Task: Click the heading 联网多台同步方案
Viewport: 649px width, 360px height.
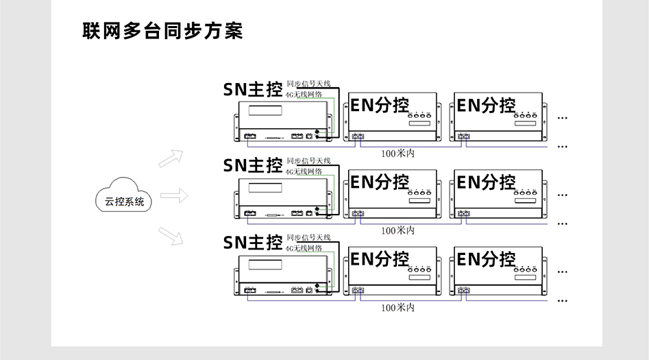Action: tap(162, 32)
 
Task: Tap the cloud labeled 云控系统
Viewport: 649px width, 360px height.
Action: tap(123, 200)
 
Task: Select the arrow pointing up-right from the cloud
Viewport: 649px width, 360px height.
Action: tap(171, 158)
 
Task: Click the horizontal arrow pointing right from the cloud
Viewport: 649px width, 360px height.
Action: tap(174, 195)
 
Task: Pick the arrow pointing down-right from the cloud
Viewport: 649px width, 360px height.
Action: tap(171, 235)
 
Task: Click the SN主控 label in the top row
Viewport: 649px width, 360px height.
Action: tap(253, 90)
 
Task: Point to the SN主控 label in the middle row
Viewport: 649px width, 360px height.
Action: tap(253, 165)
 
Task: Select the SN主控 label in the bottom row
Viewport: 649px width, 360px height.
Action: tap(253, 242)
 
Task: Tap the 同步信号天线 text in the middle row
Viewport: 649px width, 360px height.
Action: tap(308, 160)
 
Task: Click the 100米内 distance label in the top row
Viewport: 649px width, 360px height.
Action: tap(397, 154)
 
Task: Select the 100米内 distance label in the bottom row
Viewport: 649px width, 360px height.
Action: tap(397, 307)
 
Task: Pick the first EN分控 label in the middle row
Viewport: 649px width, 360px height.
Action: tap(379, 182)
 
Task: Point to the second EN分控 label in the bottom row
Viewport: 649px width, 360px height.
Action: tap(486, 260)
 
